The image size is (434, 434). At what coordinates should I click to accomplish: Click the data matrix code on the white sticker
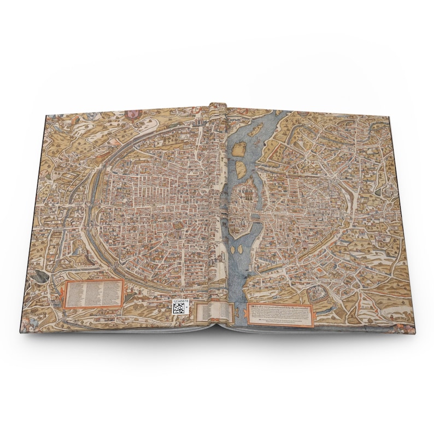pyautogui.click(x=179, y=309)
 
